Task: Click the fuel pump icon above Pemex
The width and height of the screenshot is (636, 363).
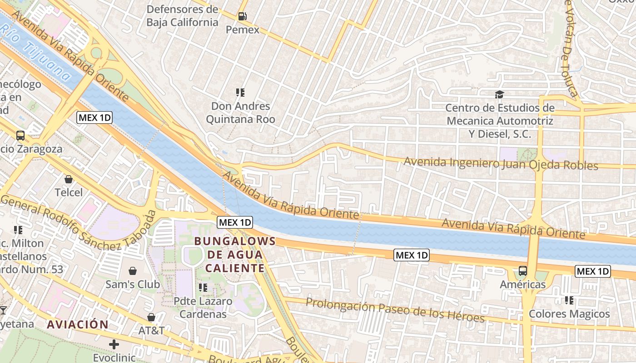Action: [x=243, y=16]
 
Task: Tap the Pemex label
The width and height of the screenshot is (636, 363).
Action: [x=243, y=30]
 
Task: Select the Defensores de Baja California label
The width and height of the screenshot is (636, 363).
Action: [x=182, y=16]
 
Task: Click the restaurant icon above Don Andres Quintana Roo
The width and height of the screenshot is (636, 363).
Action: [x=240, y=93]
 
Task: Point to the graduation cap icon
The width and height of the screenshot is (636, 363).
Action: [x=500, y=94]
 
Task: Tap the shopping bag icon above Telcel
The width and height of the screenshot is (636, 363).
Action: [x=69, y=179]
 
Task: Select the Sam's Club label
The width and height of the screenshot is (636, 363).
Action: [x=133, y=285]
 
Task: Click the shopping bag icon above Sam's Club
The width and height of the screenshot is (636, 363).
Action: [x=133, y=271]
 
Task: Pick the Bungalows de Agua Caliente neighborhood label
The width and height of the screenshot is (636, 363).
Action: [x=235, y=255]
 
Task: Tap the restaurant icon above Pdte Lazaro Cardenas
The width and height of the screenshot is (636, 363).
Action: [x=203, y=288]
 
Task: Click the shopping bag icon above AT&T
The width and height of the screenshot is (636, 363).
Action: [x=151, y=318]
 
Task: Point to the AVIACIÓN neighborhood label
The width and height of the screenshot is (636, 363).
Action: [x=78, y=324]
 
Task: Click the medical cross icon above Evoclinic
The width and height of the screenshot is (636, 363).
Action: [x=114, y=345]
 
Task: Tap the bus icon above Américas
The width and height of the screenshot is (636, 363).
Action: [x=523, y=271]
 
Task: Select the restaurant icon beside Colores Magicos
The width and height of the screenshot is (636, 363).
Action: [x=569, y=300]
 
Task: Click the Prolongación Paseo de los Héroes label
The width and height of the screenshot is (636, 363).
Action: [x=395, y=310]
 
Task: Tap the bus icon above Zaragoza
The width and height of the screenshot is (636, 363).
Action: [x=20, y=136]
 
